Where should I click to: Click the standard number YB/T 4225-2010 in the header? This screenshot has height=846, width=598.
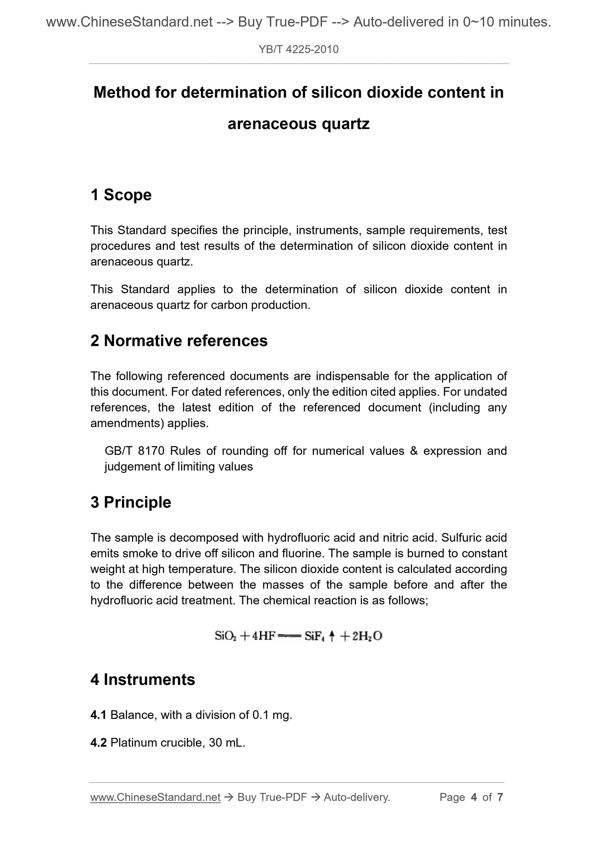click(x=298, y=49)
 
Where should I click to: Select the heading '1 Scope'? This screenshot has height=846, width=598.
click(x=121, y=195)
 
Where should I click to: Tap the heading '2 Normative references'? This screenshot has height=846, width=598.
click(x=179, y=340)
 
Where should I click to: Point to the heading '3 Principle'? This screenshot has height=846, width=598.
click(x=131, y=502)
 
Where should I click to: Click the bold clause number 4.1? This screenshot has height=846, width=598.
click(x=98, y=715)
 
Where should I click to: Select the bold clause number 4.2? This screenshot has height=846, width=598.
click(x=98, y=742)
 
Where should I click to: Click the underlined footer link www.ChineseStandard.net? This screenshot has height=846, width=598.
click(x=155, y=797)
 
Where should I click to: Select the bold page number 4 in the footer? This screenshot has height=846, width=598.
click(x=474, y=797)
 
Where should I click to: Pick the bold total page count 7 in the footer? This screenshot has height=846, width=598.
click(x=500, y=797)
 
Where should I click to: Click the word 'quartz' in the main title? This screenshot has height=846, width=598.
click(x=346, y=124)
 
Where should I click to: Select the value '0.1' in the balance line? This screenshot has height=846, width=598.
click(x=260, y=715)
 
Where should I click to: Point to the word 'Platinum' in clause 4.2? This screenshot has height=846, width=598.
click(x=134, y=742)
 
